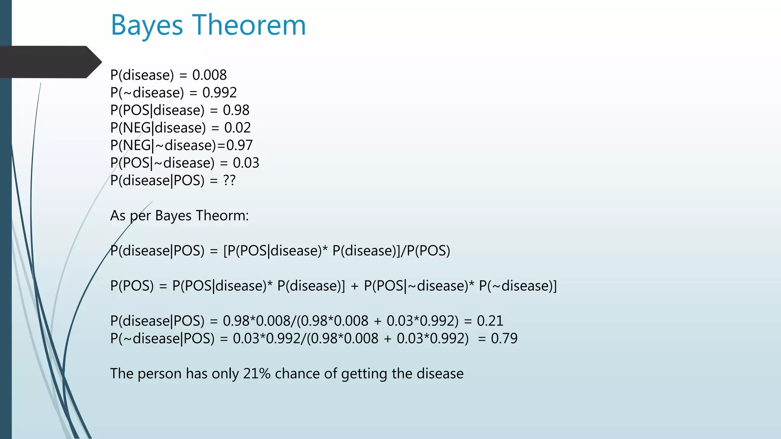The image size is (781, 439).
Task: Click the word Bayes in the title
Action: click(x=147, y=26)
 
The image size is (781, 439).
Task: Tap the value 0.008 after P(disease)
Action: click(x=209, y=75)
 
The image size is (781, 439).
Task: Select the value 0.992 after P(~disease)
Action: click(x=219, y=93)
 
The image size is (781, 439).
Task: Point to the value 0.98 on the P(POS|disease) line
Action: click(x=236, y=110)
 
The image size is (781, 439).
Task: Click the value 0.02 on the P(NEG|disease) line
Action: click(x=237, y=128)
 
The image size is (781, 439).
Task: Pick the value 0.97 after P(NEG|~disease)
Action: click(x=239, y=145)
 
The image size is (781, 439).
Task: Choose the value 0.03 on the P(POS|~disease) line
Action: click(x=246, y=163)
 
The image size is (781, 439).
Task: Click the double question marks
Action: click(x=229, y=180)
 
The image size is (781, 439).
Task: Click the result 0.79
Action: click(x=504, y=338)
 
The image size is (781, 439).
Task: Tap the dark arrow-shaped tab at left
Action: click(x=50, y=62)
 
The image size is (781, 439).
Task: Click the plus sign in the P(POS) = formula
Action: click(x=354, y=286)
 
